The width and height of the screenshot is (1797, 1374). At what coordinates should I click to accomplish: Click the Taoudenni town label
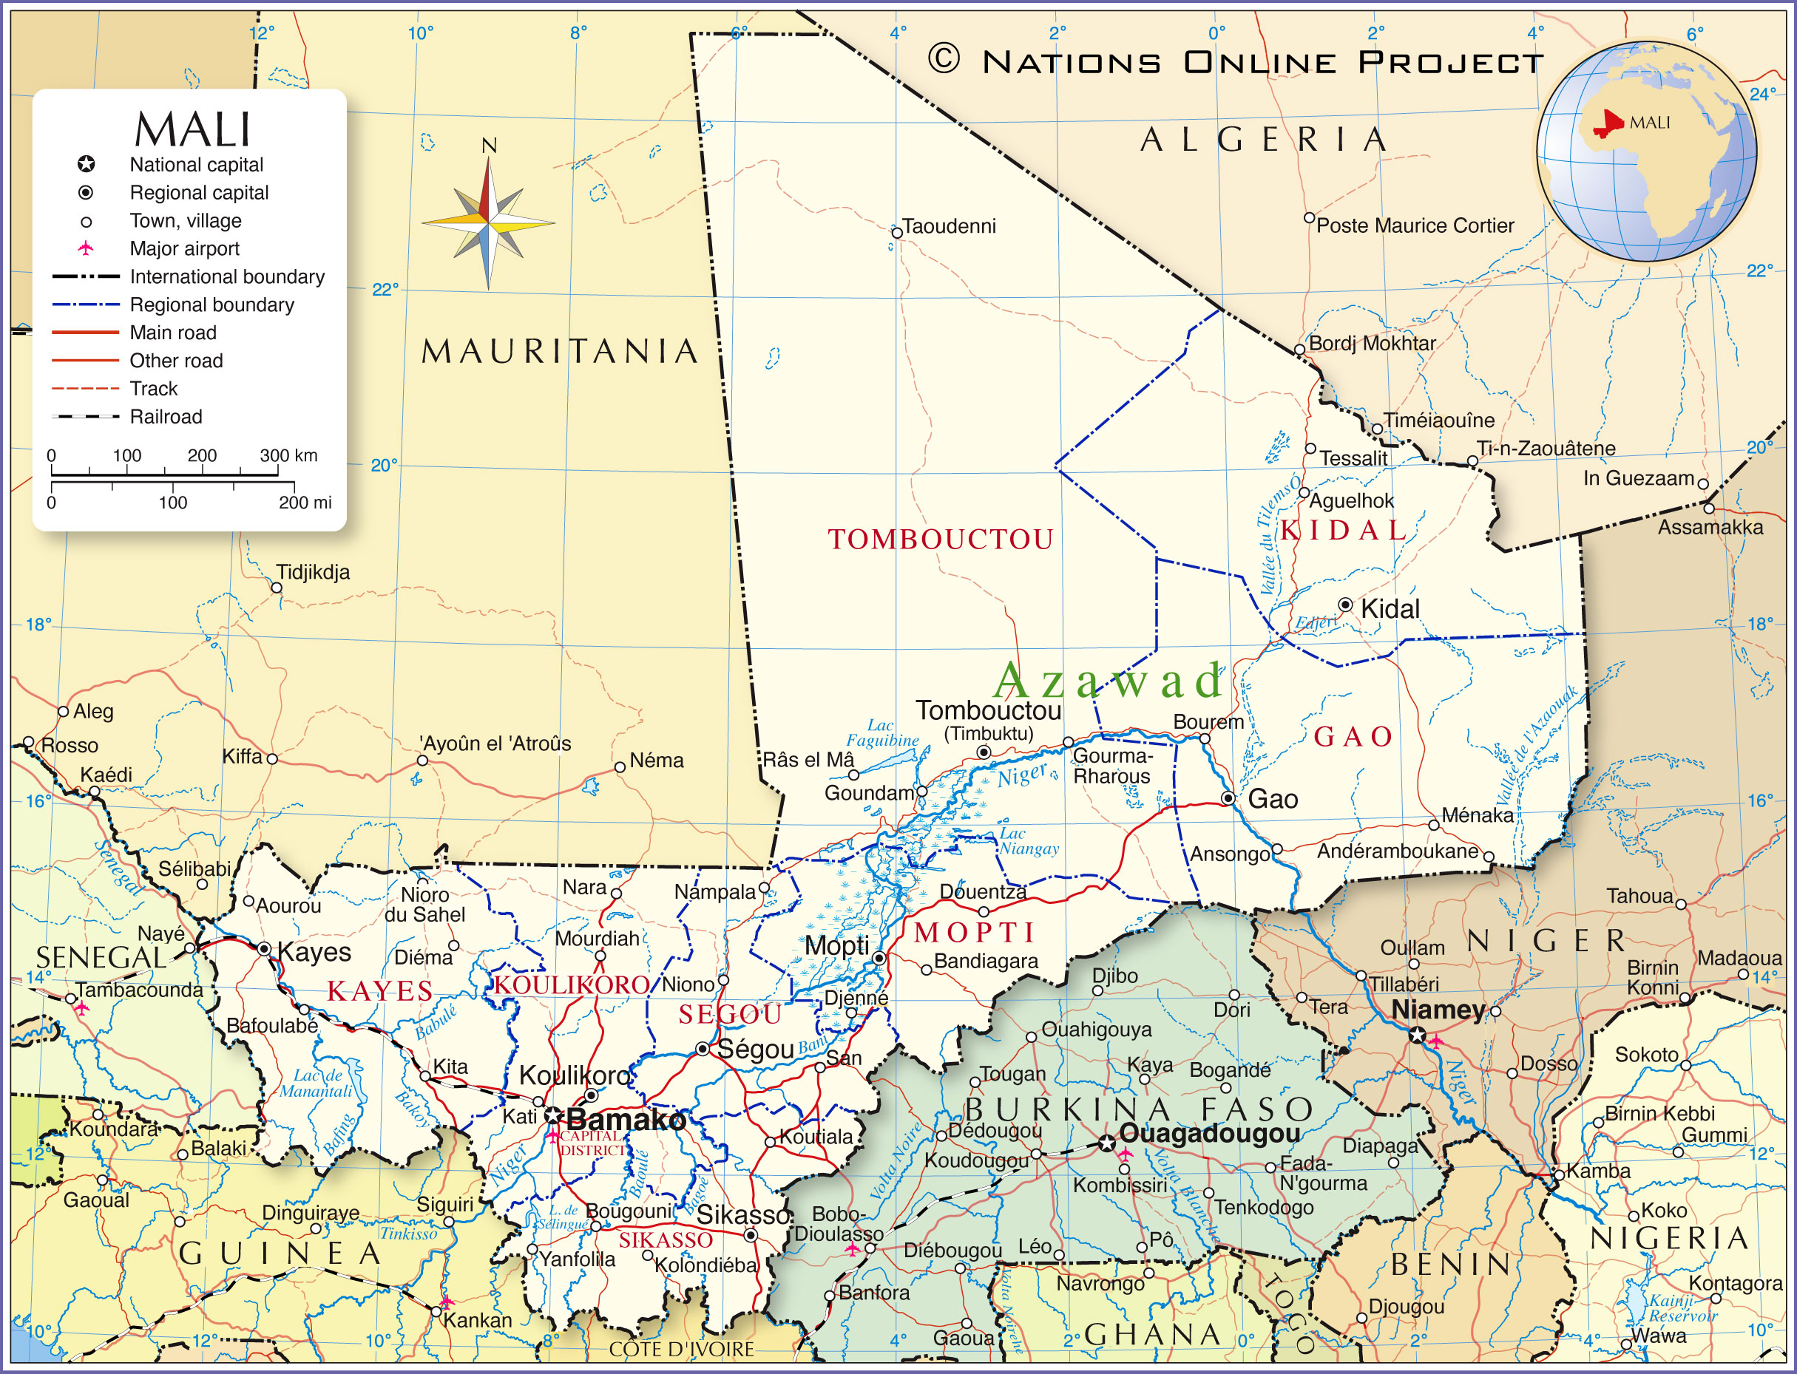948,227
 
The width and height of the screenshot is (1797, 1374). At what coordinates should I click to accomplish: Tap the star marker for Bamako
553,1115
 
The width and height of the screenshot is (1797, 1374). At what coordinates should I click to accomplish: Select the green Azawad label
1108,681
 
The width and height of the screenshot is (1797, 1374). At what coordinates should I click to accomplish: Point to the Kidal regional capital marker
1345,605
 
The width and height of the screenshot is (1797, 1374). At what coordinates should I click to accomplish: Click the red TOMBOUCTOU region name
940,540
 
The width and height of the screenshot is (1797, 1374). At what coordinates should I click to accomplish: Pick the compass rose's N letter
489,146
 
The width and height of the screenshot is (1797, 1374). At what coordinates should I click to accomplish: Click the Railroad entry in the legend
166,417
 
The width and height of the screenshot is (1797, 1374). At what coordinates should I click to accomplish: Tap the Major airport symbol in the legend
85,248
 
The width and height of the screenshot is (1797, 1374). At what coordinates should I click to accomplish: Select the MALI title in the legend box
192,129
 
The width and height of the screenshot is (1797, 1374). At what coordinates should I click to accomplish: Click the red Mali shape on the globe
1608,124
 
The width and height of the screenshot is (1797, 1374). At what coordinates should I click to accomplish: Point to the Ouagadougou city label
1208,1134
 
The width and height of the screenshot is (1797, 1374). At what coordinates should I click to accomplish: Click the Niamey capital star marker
1416,1035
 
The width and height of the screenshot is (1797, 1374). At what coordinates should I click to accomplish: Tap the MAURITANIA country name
560,352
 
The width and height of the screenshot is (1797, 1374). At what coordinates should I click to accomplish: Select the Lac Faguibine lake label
882,732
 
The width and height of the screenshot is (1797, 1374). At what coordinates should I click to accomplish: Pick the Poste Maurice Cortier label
1415,225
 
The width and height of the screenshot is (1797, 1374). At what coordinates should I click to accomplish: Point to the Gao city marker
1228,798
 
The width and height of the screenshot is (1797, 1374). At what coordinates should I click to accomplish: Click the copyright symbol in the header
944,59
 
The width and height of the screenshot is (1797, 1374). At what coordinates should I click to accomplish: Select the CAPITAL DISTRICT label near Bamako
592,1143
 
